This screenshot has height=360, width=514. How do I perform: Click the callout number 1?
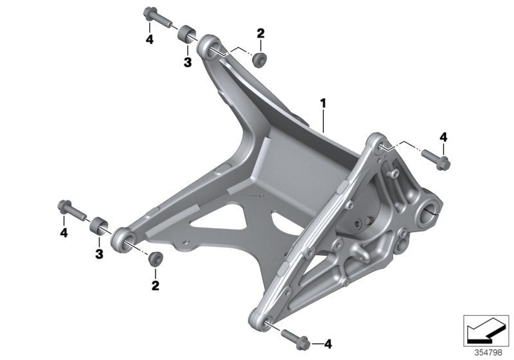pyautogui.click(x=324, y=103)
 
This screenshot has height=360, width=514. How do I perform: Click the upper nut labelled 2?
pyautogui.click(x=260, y=60)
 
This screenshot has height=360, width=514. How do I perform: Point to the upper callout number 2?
pyautogui.click(x=260, y=33)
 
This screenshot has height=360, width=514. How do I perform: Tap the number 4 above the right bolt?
pyautogui.click(x=443, y=136)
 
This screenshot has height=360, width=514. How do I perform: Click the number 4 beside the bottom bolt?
pyautogui.click(x=328, y=343)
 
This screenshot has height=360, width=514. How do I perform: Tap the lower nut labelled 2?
pyautogui.click(x=155, y=258)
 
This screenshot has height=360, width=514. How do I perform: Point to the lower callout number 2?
pyautogui.click(x=155, y=283)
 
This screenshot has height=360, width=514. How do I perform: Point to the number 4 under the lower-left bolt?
pyautogui.click(x=64, y=232)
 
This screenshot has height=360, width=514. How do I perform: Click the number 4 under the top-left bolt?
pyautogui.click(x=150, y=40)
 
